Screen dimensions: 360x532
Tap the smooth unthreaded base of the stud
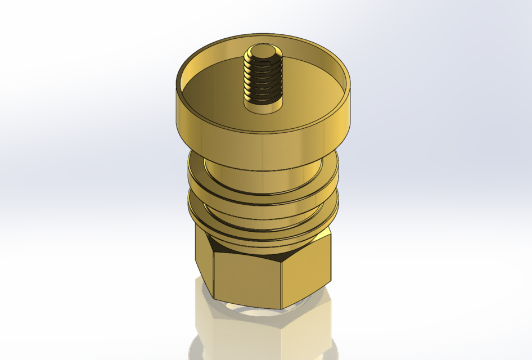pyautogui.click(x=262, y=104)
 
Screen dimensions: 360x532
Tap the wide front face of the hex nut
pyautogui.click(x=247, y=278)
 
